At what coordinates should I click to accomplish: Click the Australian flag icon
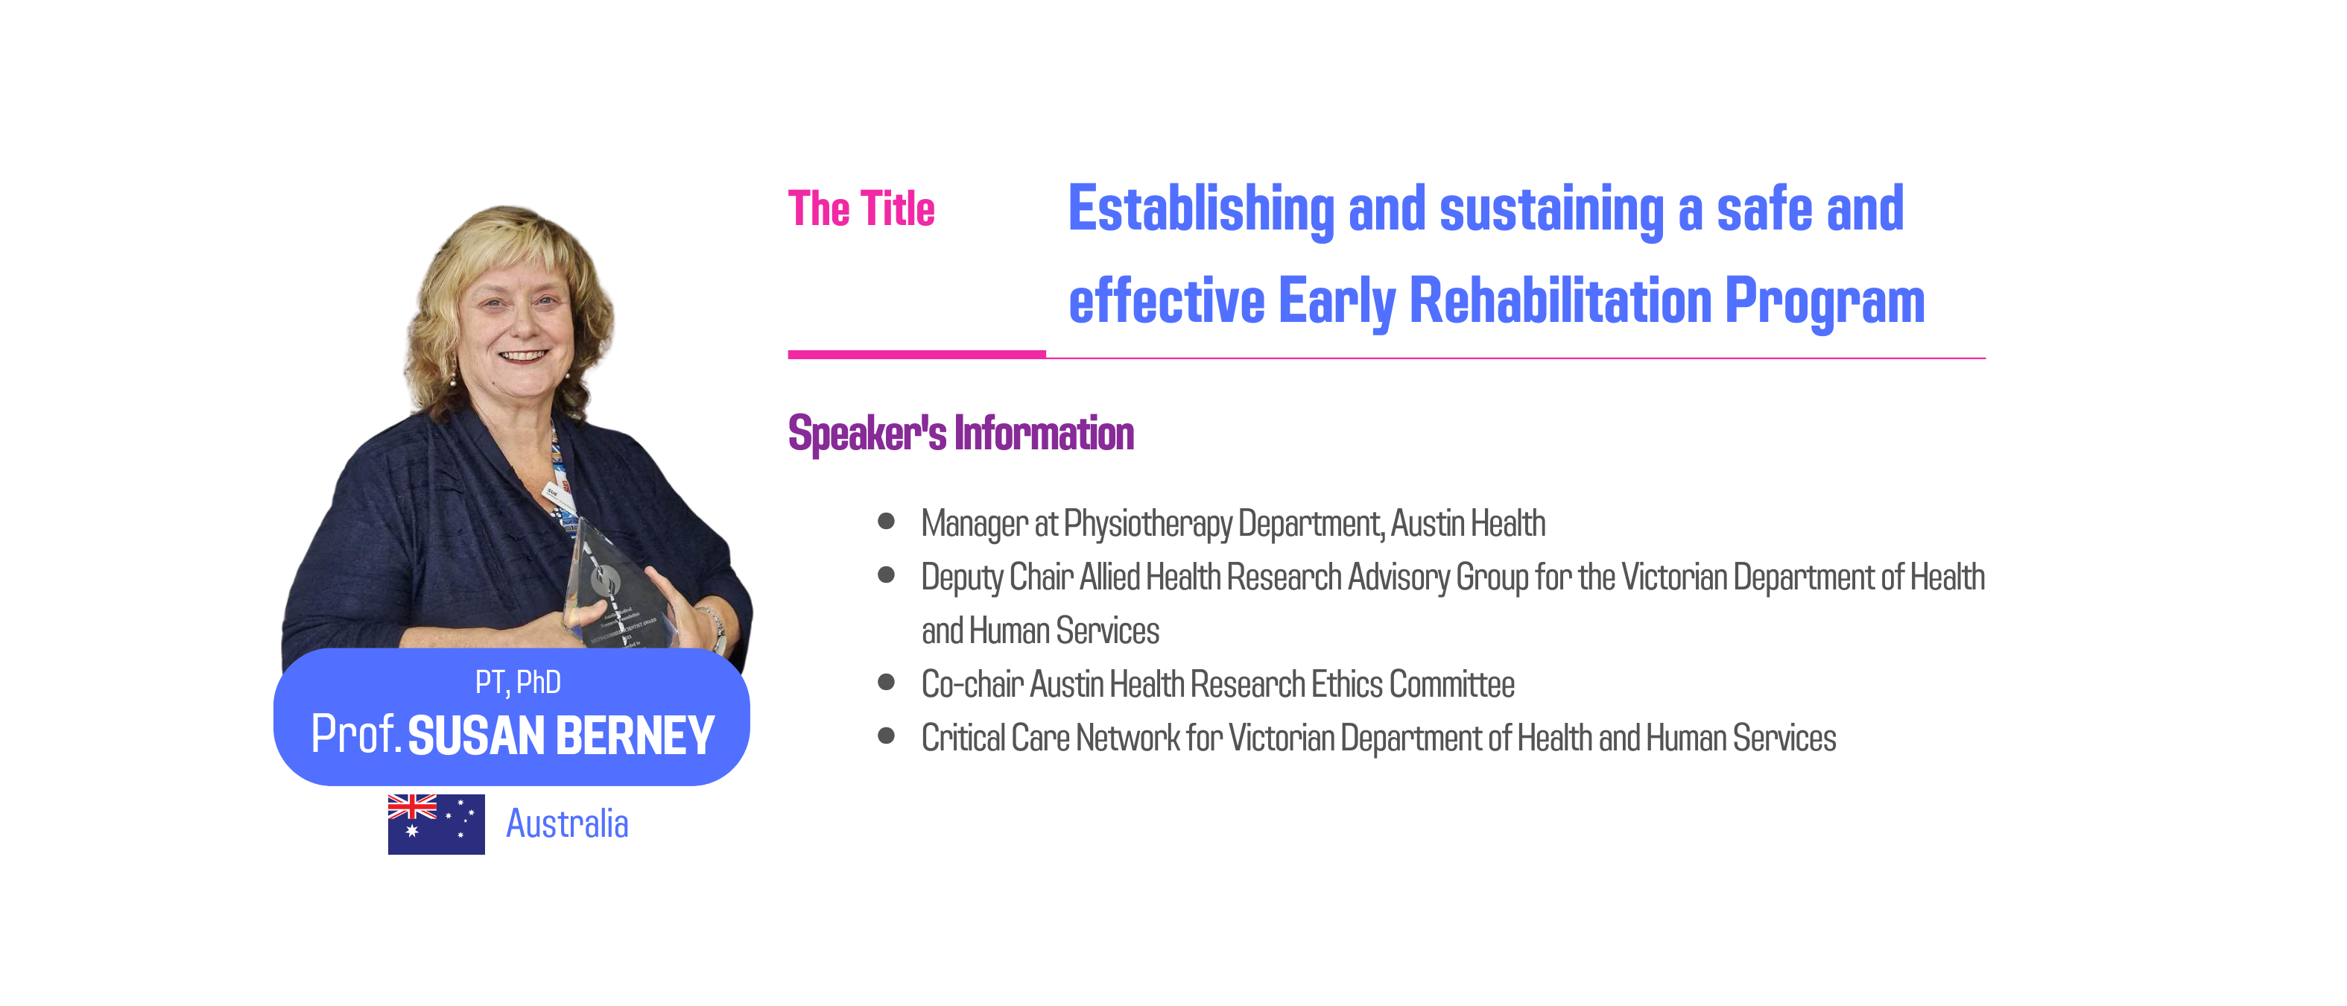pos(436,823)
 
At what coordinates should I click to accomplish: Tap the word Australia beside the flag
pos(567,823)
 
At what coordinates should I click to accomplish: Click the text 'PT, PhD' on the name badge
pos(518,683)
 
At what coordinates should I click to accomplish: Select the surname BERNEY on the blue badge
pos(635,735)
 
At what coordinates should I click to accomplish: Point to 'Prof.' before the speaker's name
pos(356,735)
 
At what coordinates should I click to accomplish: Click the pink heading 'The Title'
pos(861,209)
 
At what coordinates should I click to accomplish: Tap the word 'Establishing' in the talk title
pos(1201,210)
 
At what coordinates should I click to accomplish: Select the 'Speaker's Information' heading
pos(961,434)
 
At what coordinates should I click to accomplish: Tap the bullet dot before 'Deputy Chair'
pos(886,575)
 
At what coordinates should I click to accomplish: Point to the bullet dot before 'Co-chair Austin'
pos(886,683)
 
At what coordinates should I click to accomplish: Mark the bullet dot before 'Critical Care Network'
pos(886,735)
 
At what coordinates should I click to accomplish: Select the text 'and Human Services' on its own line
pos(1039,630)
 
